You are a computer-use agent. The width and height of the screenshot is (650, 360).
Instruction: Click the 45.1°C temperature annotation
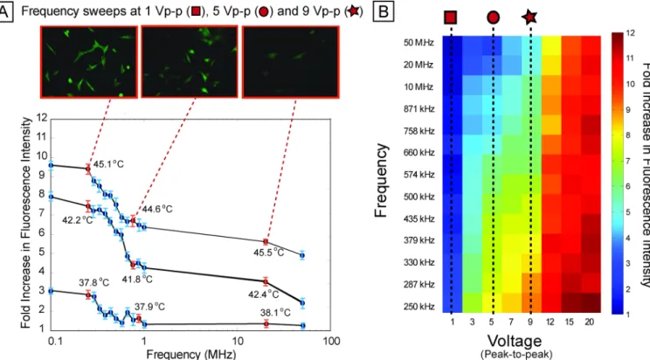click(108, 164)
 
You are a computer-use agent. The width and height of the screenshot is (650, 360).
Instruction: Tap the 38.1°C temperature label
click(275, 312)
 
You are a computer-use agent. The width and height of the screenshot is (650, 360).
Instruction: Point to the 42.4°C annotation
click(264, 294)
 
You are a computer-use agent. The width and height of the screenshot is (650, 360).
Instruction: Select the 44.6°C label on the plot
click(157, 209)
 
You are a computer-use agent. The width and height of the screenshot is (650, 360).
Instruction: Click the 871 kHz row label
click(418, 109)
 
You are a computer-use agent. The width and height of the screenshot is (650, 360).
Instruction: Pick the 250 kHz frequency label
click(418, 307)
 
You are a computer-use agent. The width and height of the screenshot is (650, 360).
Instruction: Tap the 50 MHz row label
click(418, 43)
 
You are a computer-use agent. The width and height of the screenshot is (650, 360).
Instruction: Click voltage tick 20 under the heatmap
click(589, 322)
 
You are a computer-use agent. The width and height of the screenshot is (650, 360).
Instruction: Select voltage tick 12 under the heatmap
click(550, 322)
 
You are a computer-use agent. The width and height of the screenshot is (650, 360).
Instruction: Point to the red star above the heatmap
click(529, 17)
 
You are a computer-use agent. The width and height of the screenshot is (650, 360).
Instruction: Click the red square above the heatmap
click(451, 17)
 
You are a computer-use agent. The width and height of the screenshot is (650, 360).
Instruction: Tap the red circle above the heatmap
click(493, 17)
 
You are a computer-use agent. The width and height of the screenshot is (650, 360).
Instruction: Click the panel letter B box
click(384, 12)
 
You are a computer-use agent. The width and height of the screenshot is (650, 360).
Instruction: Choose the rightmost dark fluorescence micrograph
click(291, 62)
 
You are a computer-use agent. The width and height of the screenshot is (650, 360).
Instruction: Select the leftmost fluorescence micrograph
click(89, 62)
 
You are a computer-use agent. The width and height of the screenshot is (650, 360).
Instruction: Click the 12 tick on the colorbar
click(630, 33)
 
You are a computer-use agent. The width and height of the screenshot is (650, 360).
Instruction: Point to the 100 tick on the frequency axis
click(331, 342)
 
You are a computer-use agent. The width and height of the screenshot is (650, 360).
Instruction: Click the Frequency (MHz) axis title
click(191, 354)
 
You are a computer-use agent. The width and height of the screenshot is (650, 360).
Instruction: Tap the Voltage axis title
click(515, 341)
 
